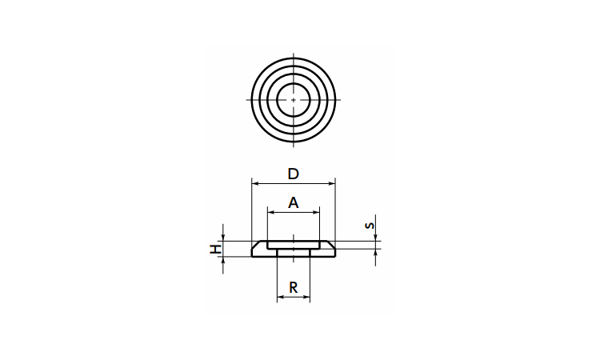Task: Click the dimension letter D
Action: [293, 174]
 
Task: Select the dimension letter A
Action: [293, 202]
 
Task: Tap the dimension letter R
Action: [293, 287]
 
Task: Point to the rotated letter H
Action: [216, 249]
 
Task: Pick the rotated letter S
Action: [370, 225]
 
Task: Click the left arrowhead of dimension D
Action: [255, 184]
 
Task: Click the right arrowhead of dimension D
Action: [332, 184]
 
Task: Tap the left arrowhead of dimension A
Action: [271, 212]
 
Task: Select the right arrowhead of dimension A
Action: [316, 212]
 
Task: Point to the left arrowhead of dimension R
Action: [281, 297]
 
